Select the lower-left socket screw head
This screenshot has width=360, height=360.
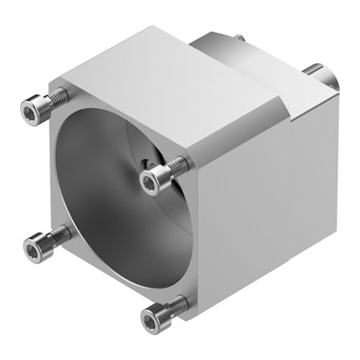[x=32, y=250]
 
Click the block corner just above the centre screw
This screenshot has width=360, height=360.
[x=192, y=150]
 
